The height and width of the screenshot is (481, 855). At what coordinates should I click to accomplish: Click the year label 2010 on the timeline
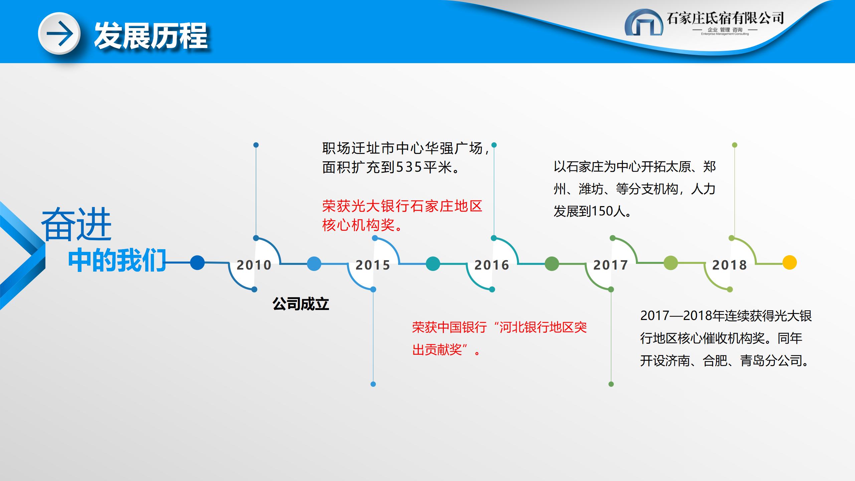254,265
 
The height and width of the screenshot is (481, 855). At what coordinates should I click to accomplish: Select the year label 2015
373,265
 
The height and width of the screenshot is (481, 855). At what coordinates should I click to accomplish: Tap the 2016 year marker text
492,265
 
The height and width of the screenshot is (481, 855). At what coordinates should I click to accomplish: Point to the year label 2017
611,265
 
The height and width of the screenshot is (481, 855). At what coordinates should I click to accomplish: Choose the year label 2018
729,265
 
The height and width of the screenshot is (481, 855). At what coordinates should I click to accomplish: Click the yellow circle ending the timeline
790,262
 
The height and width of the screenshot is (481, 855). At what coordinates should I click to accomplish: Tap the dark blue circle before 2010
197,262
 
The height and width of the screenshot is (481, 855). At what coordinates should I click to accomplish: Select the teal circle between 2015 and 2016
433,263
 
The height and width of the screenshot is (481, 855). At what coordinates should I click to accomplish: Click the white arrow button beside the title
59,33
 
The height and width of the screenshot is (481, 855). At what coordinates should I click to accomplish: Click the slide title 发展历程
151,36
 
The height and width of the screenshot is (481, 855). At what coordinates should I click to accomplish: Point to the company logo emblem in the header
644,22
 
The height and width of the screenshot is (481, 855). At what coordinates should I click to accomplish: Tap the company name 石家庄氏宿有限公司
725,18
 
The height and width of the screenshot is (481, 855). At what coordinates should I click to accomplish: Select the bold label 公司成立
301,304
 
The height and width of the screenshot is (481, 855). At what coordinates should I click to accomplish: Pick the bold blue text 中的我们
117,260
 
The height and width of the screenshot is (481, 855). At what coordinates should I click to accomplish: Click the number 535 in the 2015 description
409,167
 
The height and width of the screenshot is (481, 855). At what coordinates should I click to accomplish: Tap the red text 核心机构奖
359,225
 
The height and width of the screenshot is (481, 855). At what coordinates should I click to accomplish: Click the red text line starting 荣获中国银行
499,327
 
